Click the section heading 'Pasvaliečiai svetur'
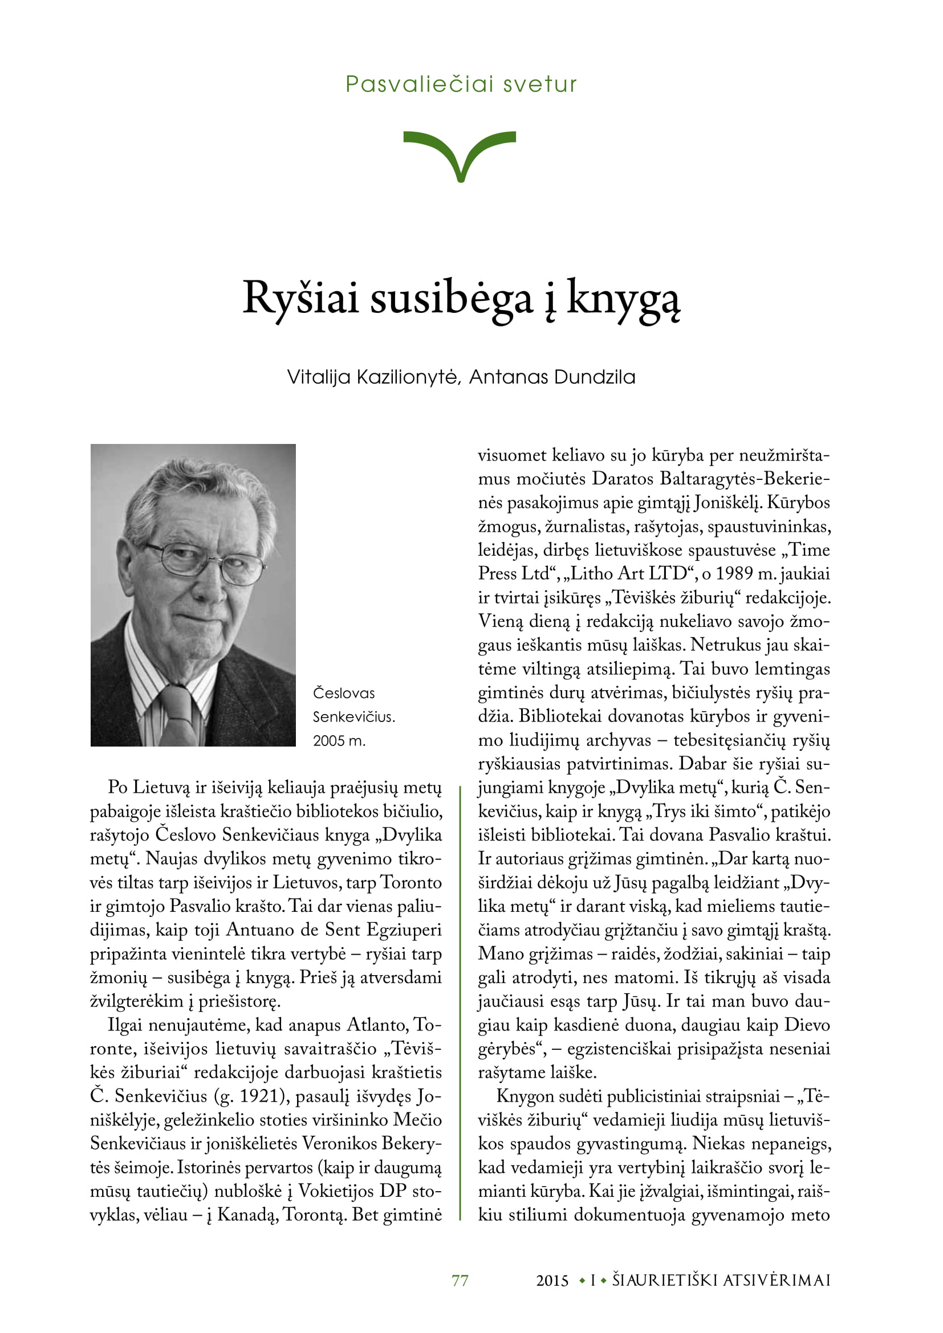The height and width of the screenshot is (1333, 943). pos(461,85)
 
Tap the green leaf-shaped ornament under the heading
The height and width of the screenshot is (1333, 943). pos(460,153)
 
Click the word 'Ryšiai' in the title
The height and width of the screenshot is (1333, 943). pos(300,299)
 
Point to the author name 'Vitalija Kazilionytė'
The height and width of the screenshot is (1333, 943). pos(373,377)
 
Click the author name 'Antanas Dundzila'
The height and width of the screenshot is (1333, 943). pos(552,377)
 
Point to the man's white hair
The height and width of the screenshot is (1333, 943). pos(197,482)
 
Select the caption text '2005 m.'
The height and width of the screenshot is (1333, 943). pos(339,741)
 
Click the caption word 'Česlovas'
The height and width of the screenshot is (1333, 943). pos(344,693)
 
